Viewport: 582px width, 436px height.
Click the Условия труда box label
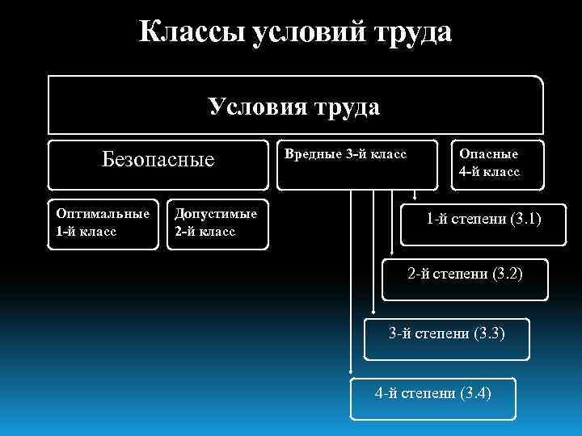point(294,107)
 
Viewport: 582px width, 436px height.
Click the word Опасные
point(489,154)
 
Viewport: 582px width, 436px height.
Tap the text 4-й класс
point(489,171)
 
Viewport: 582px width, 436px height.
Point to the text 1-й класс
point(86,231)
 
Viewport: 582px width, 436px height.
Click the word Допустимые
point(216,214)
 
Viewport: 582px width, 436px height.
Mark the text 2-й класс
point(205,231)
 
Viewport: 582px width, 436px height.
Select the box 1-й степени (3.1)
point(483,219)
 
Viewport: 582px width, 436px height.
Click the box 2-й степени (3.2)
point(465,275)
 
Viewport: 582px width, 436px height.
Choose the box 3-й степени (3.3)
point(447,333)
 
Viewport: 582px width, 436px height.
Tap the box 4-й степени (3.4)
point(432,394)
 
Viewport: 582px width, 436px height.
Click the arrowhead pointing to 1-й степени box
point(415,195)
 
